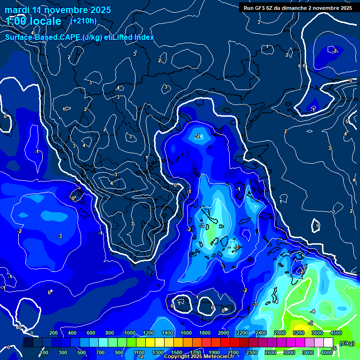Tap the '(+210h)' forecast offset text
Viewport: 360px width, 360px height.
83,21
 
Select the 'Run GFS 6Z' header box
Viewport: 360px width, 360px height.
298,8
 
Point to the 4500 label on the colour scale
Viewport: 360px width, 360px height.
336,333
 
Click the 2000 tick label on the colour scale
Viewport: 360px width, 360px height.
223,333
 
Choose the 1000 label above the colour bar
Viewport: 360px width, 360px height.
129,333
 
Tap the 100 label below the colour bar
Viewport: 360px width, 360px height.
44,352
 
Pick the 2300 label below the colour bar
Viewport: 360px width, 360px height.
251,352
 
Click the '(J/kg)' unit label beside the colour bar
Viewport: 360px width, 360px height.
346,343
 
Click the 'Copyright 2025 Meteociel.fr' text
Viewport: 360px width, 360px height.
201,357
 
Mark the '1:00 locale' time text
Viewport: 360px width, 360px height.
34,21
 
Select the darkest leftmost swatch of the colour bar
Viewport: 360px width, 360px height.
28,343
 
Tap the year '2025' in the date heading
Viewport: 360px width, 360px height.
99,10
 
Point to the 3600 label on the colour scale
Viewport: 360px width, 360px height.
317,333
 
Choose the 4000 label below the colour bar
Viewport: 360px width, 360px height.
327,352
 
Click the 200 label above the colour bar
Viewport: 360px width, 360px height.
53,333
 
